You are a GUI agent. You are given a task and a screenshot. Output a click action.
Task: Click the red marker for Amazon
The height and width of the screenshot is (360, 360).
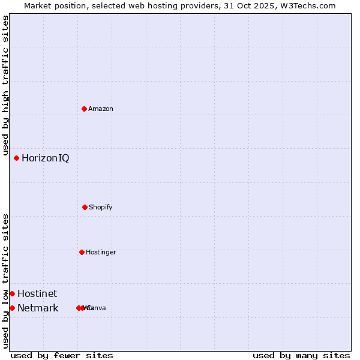(84, 109)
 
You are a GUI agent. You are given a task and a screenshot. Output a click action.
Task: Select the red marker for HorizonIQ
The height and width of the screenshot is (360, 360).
(16, 158)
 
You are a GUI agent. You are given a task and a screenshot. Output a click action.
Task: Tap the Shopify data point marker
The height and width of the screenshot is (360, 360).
(85, 207)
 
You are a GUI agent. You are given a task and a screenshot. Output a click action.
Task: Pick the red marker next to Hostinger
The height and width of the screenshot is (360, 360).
(82, 252)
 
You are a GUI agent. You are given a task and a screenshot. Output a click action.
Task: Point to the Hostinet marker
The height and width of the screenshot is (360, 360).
(12, 293)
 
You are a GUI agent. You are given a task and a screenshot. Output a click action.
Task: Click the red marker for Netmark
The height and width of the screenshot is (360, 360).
(12, 308)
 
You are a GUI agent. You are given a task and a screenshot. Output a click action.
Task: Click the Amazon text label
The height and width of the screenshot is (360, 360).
(101, 109)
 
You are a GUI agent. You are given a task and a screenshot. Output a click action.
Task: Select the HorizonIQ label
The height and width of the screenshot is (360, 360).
(46, 158)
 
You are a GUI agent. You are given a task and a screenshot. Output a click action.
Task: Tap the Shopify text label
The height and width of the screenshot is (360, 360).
(101, 207)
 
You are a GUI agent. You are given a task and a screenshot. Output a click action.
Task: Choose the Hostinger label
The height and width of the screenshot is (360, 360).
(101, 252)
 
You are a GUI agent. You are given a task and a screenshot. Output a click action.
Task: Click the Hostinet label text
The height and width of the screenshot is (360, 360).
(37, 293)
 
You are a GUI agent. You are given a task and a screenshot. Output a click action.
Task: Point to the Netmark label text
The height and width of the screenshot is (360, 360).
(38, 308)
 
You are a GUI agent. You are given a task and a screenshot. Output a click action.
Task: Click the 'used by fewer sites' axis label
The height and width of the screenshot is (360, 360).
(62, 355)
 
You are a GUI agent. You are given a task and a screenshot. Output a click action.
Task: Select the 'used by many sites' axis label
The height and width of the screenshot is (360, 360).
(301, 355)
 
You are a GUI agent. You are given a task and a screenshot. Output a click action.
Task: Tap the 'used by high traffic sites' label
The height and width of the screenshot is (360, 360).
(5, 86)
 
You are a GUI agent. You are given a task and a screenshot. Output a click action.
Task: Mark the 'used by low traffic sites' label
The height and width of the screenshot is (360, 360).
(5, 281)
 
